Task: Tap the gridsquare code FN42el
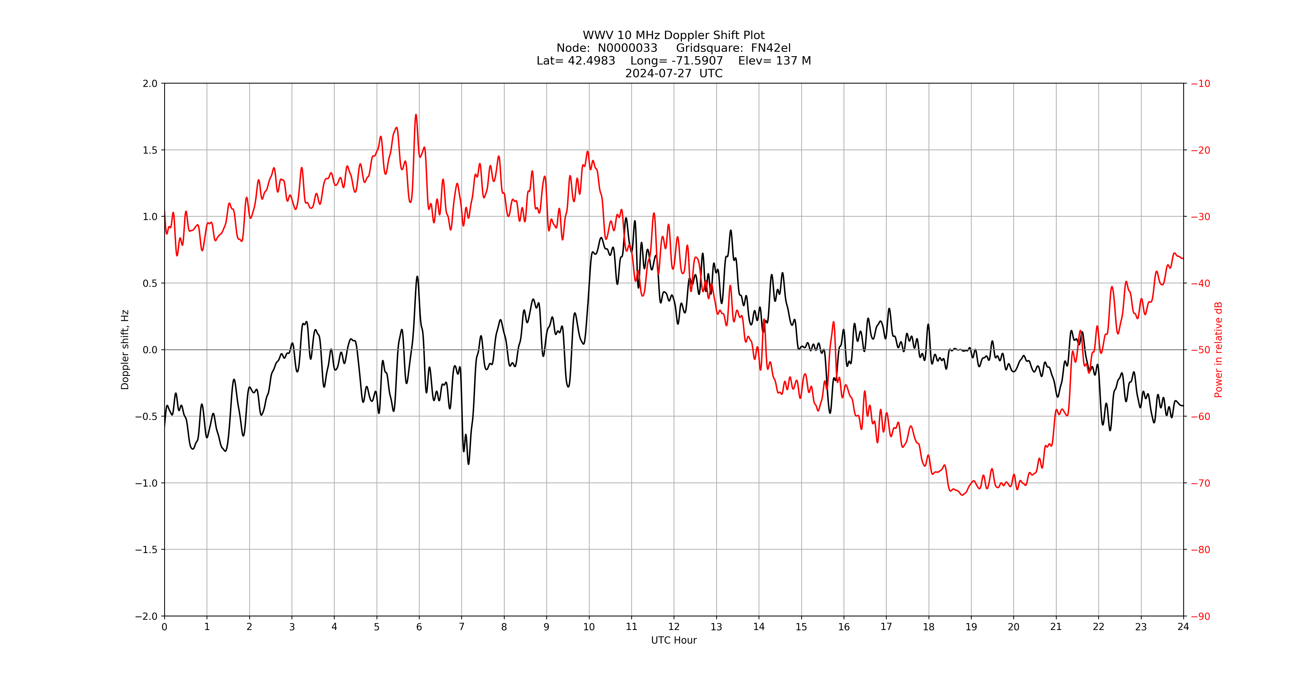pyautogui.click(x=771, y=48)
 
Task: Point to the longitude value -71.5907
pyautogui.click(x=697, y=61)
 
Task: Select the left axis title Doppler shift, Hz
pyautogui.click(x=125, y=350)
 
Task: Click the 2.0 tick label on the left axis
pyautogui.click(x=150, y=84)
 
